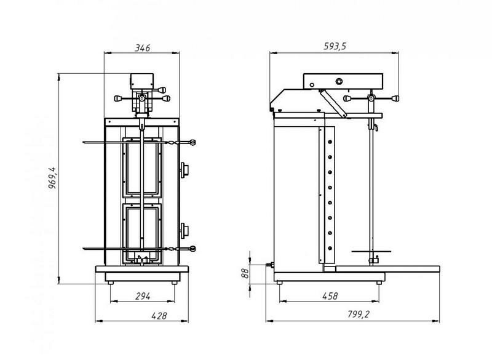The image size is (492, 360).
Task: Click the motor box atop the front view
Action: (143, 82)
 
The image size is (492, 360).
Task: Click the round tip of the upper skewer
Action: (194, 143)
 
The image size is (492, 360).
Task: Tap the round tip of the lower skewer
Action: (194, 249)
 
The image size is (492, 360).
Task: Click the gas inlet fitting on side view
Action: (268, 266)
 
